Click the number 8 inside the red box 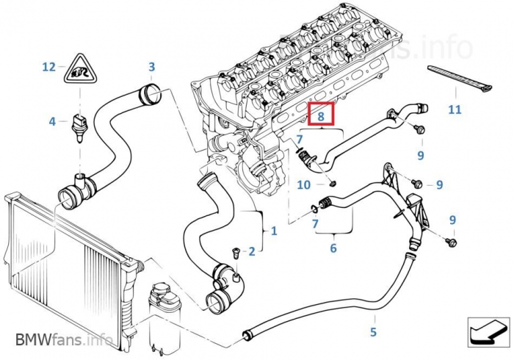tap(320, 116)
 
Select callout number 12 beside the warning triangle tap(48, 67)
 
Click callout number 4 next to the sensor tap(52, 121)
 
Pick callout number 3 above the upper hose tap(151, 67)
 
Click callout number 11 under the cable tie tap(455, 110)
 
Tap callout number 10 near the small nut tap(304, 185)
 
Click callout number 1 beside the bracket tap(274, 231)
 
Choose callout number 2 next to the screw tap(252, 252)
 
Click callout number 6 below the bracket tap(333, 248)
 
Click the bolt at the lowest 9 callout tap(451, 241)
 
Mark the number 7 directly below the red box tap(300, 140)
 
